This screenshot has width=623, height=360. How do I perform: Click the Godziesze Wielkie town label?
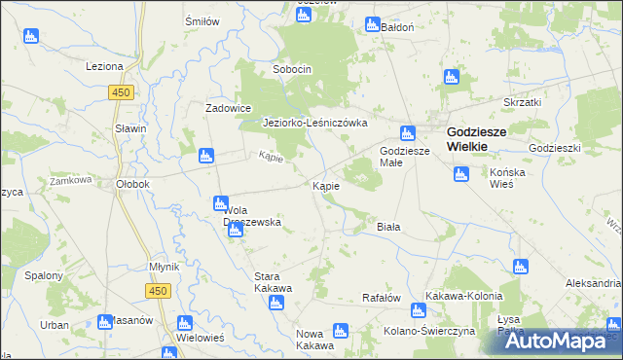coord(480,138)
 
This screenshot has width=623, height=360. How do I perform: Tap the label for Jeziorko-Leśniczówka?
coord(314,124)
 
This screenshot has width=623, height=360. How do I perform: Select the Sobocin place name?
coord(292,70)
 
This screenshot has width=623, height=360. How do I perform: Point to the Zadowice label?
coord(229,108)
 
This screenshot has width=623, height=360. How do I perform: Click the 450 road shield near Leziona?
coord(121,91)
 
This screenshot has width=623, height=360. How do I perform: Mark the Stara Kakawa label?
coord(273,269)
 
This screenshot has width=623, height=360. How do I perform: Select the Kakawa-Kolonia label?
coord(463,296)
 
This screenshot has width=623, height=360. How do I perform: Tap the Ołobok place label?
coord(131,184)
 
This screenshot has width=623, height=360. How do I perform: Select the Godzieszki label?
coord(555,147)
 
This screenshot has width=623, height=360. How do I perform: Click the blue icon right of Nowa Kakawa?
coord(341,331)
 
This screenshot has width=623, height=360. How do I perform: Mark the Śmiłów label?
coord(202,20)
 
